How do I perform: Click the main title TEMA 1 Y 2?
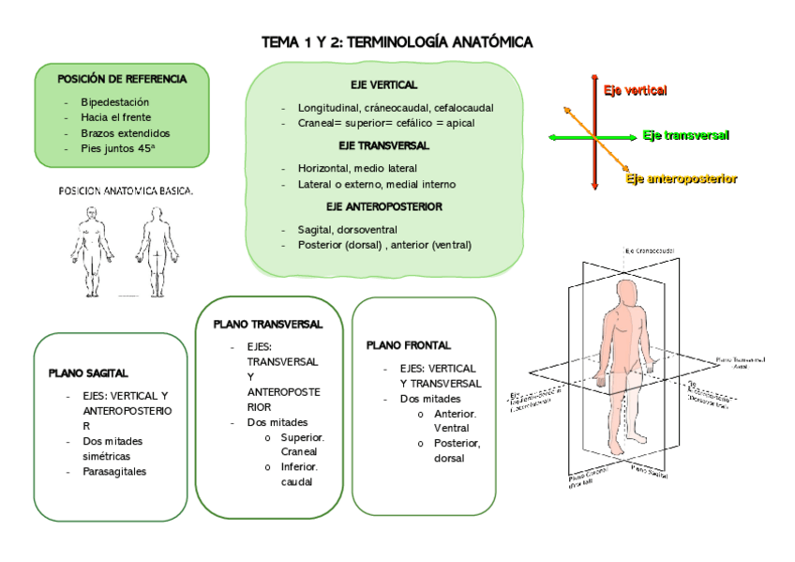coord(397,42)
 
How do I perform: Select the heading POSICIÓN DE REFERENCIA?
coord(122,79)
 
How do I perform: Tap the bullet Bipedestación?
coord(115,101)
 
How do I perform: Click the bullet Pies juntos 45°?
coord(118,148)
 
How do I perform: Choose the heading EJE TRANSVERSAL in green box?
coord(383,145)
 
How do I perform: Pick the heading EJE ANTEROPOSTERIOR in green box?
coord(383,206)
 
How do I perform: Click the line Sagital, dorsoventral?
coord(347,229)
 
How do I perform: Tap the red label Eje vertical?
coord(635,91)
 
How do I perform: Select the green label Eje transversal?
coord(686,135)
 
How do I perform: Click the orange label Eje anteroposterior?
coord(682,178)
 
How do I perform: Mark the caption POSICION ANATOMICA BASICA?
coord(126,191)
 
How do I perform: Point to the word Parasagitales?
coord(114,472)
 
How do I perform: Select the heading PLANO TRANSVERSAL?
coord(268,324)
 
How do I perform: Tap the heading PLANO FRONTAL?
coord(409,345)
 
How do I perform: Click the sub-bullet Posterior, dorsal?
coord(457,450)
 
